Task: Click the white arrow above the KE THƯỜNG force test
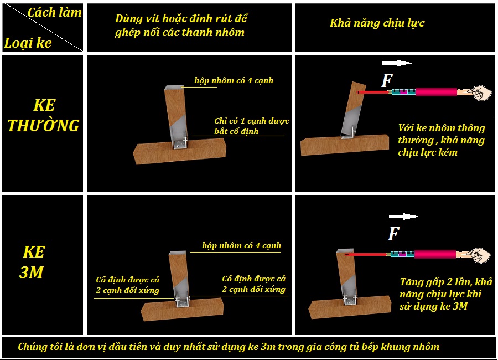click(397, 63)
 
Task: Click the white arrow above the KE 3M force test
click(403, 217)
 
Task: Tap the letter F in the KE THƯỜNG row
click(387, 80)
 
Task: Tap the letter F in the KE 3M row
click(393, 234)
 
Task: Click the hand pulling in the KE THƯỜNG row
click(479, 93)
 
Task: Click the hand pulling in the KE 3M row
click(479, 255)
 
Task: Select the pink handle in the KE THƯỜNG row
click(436, 92)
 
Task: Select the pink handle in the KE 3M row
click(435, 254)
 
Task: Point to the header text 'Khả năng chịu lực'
click(377, 23)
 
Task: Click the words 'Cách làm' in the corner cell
click(54, 12)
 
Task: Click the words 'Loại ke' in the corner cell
click(28, 43)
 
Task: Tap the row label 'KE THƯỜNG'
click(44, 115)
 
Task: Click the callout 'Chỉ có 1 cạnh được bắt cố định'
click(252, 126)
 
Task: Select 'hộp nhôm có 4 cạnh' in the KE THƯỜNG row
click(234, 80)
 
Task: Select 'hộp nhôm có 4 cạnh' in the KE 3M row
click(241, 245)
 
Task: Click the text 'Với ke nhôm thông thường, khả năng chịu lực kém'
click(442, 140)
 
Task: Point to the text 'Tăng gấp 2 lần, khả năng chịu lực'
click(446, 288)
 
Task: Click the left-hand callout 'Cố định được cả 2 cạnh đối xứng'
click(127, 285)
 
